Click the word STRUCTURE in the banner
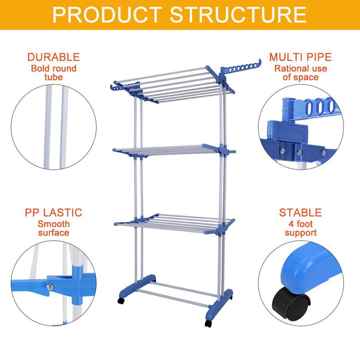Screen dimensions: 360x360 tap(238, 15)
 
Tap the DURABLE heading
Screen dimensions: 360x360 tap(53, 57)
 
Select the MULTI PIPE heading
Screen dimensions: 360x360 tap(300, 57)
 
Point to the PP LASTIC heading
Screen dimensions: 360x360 tap(53, 212)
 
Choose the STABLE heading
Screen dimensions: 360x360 tap(300, 212)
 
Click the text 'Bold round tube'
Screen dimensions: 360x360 tap(53, 73)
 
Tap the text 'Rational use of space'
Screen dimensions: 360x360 tap(300, 73)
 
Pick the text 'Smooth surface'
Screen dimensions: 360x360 tap(53, 228)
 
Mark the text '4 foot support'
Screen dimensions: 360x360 tap(300, 228)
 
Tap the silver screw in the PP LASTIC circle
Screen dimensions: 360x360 tap(51, 286)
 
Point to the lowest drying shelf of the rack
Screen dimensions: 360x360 tap(173, 220)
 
